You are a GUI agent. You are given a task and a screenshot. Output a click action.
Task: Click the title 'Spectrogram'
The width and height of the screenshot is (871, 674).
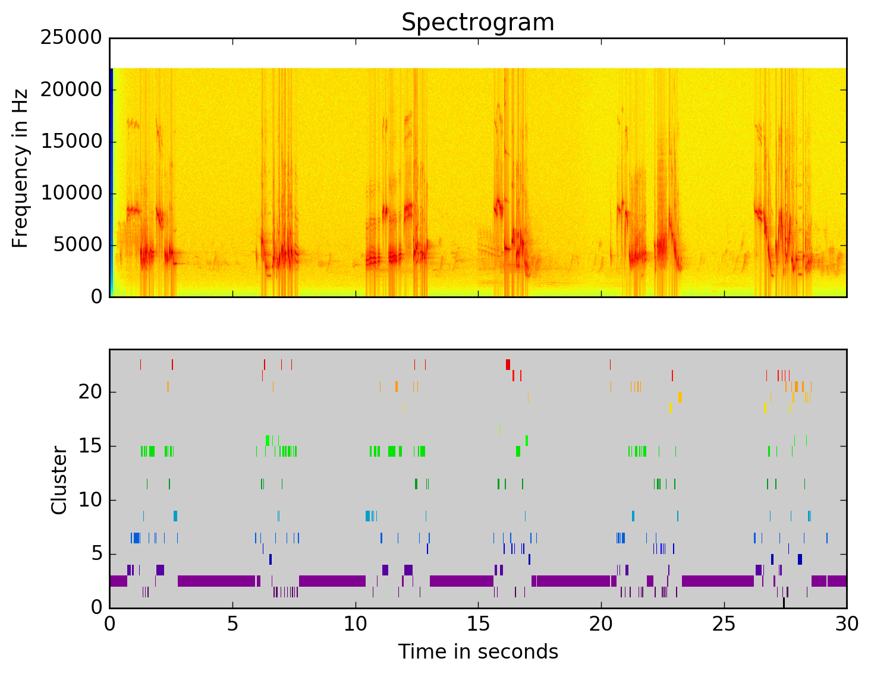pos(477,23)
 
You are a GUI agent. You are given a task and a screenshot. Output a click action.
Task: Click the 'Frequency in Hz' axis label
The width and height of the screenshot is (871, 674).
pos(20,168)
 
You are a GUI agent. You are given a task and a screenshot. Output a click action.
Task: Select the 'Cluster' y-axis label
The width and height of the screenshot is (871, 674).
pos(59,480)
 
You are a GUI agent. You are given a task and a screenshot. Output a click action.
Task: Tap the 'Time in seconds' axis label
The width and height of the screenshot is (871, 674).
pos(478,651)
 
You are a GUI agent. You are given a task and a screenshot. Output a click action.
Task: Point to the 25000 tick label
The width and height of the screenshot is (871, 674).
pos(71,38)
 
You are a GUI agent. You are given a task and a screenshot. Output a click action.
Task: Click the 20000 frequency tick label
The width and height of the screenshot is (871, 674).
pos(71,90)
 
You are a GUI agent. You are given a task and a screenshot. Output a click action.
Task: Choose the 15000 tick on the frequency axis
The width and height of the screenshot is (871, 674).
pos(71,142)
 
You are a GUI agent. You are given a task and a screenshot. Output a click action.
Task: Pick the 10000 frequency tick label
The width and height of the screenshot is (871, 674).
pos(71,194)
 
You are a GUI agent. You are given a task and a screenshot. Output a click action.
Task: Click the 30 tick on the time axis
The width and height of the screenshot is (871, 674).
pos(847,624)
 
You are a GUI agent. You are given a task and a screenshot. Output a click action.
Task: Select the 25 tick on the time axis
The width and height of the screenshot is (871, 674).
pos(724,624)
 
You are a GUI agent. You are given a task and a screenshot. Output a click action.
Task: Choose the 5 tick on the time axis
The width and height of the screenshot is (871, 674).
pos(232,624)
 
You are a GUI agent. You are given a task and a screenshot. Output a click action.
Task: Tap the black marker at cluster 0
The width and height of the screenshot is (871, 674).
pos(784,602)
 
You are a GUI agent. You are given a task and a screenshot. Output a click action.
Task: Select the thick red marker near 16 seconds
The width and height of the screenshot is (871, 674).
pos(508,365)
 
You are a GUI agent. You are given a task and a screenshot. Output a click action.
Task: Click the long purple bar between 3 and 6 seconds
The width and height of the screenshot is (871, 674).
pos(216,581)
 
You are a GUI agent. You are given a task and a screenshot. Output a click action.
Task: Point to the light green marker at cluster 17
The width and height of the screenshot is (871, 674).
pos(499,429)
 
